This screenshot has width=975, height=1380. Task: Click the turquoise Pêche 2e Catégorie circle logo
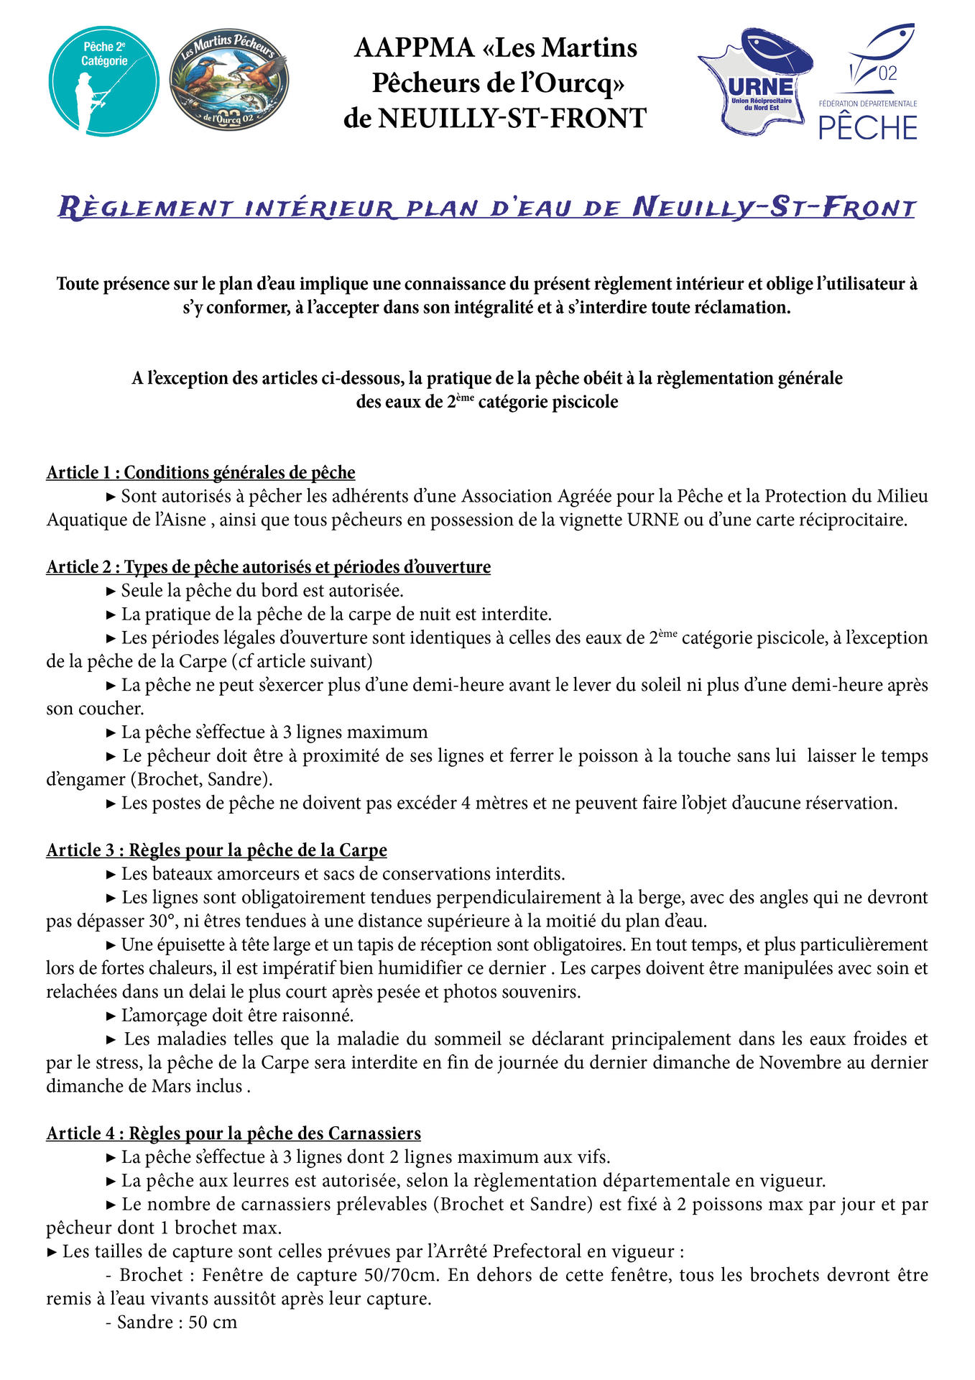pos(103,81)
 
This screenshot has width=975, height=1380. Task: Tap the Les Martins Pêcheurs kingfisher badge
pos(228,80)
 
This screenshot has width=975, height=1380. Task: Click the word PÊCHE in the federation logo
pos(868,128)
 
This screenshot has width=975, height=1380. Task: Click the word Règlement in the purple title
pos(144,208)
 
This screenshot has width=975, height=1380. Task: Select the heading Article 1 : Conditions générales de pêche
pos(200,472)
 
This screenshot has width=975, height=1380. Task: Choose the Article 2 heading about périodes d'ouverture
pos(268,566)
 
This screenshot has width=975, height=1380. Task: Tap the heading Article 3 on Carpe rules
pos(216,850)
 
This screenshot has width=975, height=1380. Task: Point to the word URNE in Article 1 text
pos(652,519)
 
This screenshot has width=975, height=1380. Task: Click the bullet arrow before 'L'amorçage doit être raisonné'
pos(111,1016)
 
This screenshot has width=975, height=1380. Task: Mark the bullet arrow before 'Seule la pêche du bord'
pos(111,591)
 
